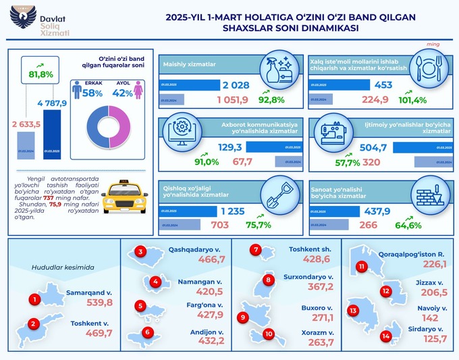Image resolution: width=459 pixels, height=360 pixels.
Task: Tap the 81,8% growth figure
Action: point(40,74)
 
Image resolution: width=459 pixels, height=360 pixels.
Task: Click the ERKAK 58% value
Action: point(92,93)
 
